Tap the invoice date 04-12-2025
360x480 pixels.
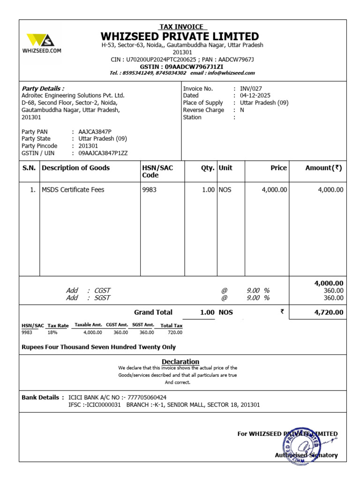(x=255, y=95)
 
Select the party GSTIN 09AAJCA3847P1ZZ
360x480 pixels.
(x=103, y=153)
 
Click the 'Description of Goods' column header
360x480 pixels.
(x=76, y=168)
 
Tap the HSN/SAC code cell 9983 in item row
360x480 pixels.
(x=149, y=190)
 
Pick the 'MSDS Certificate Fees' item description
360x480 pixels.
(x=73, y=190)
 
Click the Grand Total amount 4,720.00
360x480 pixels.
(x=327, y=312)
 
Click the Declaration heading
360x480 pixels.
(x=180, y=361)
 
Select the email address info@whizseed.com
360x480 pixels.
(x=230, y=73)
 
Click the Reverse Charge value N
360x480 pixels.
(x=242, y=110)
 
